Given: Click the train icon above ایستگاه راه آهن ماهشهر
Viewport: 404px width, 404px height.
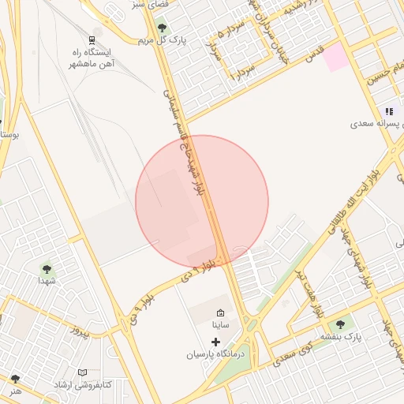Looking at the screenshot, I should click(x=92, y=39).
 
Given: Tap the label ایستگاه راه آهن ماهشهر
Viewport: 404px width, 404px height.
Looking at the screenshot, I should click(x=93, y=58).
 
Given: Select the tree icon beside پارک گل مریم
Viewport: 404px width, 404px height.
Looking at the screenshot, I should click(x=162, y=28).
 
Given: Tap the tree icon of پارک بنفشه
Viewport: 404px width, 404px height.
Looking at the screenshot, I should click(x=340, y=324).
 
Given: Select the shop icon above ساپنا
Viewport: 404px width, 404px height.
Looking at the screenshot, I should click(x=220, y=311).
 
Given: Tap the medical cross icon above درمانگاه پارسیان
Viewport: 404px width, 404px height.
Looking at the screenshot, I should click(x=215, y=342).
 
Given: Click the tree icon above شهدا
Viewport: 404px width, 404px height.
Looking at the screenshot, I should click(x=47, y=268).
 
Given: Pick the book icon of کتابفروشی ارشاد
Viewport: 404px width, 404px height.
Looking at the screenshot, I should click(x=82, y=372).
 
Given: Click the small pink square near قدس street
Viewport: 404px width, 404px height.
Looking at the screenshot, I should click(x=335, y=58).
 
